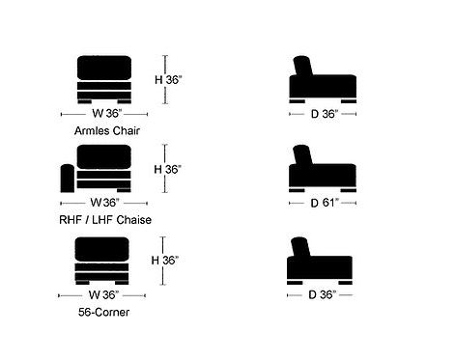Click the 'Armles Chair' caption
point(107,130)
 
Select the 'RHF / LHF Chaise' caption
point(105,220)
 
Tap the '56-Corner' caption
point(103,312)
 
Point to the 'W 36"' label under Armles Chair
point(107,113)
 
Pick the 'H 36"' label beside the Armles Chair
point(168,79)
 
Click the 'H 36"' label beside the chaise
point(167,169)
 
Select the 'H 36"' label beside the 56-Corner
point(165,260)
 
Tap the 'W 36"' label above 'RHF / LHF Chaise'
point(105,203)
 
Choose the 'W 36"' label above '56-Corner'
point(103,294)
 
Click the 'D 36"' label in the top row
point(325,114)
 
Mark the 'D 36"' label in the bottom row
point(323,294)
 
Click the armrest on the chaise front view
point(68,179)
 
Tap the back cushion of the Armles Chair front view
point(104,68)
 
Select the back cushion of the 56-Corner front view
point(102,249)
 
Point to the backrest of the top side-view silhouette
point(303,67)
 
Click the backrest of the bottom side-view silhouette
point(300,247)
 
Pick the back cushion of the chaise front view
point(104,156)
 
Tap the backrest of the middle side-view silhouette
point(303,155)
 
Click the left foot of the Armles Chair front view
point(85,101)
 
